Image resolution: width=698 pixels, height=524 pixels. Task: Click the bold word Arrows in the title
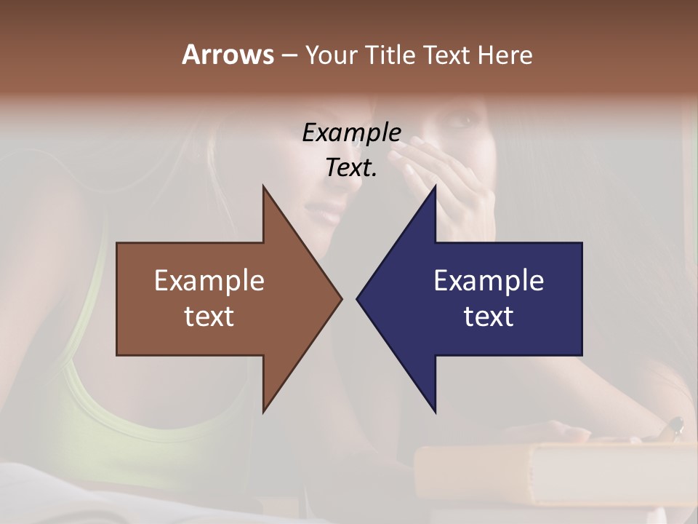(x=228, y=55)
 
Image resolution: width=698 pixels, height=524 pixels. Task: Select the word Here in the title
(x=505, y=55)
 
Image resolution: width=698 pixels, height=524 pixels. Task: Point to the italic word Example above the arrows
(x=351, y=132)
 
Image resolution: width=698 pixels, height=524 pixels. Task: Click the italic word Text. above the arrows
(x=351, y=168)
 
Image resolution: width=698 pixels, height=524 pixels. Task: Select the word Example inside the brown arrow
(x=209, y=280)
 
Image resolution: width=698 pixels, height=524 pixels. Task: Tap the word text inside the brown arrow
(x=209, y=316)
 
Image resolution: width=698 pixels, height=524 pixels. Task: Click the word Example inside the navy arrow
(x=489, y=280)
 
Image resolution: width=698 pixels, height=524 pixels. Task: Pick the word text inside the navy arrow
(x=489, y=316)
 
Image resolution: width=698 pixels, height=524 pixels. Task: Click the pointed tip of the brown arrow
(x=340, y=298)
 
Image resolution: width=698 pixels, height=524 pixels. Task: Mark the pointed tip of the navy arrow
(x=358, y=298)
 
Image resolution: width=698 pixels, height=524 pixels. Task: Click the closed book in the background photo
(x=553, y=473)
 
